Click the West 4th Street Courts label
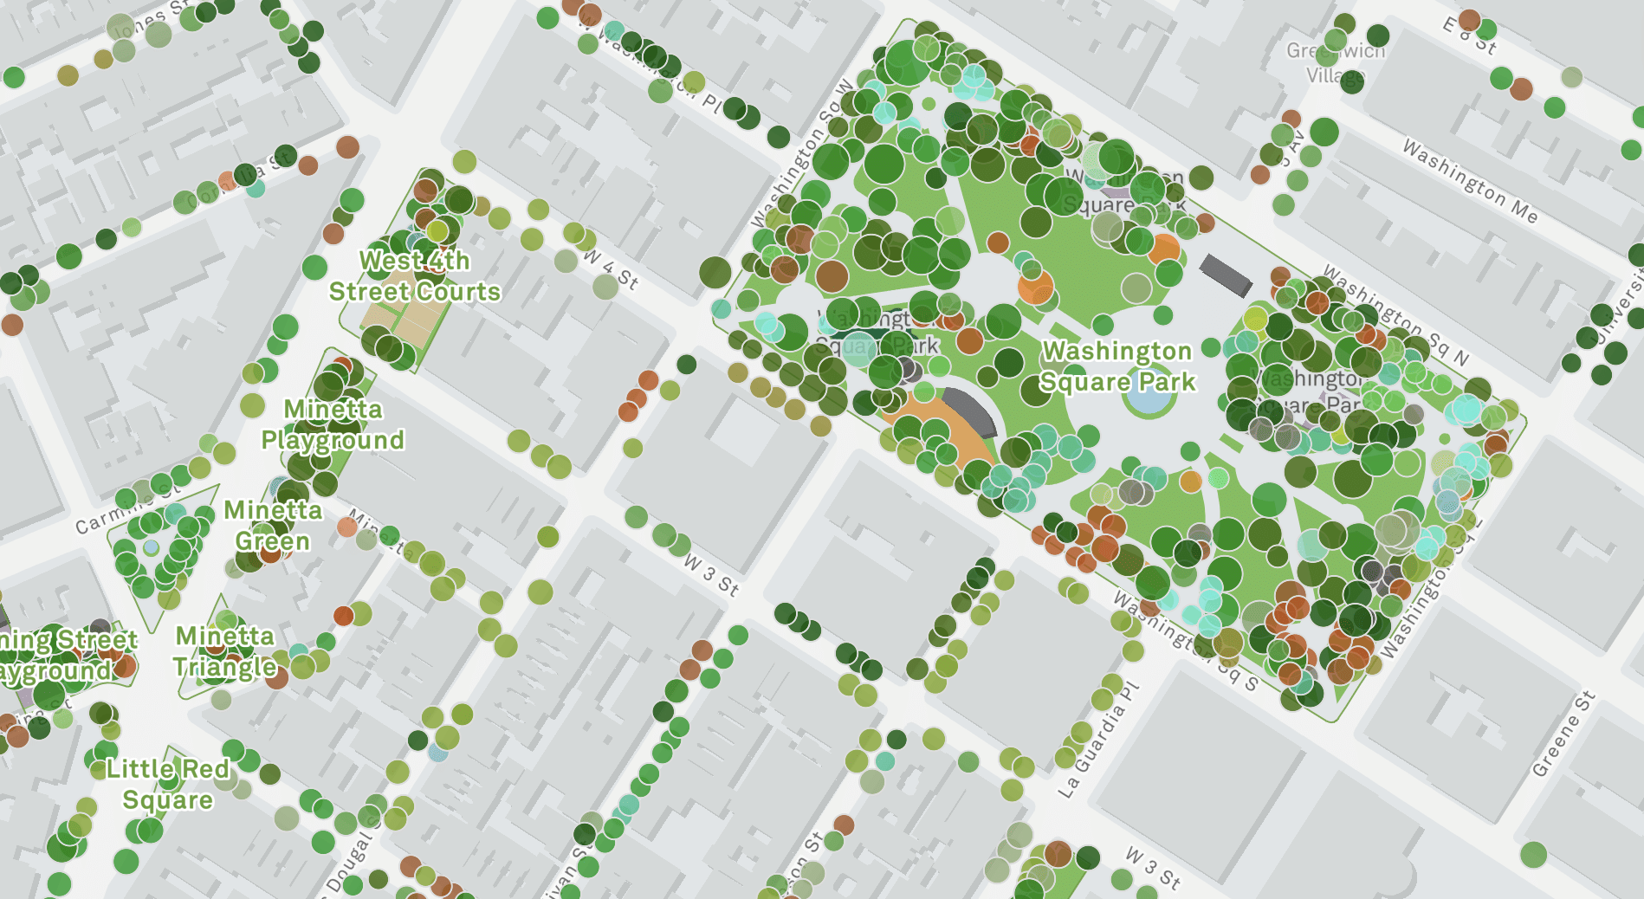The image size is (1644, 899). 414,276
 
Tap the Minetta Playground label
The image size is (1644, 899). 333,424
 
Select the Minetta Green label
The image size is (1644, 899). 273,526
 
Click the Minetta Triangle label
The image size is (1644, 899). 224,651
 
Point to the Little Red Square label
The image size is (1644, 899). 168,784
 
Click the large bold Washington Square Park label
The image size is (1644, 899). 1117,366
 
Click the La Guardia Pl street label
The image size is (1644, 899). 1097,741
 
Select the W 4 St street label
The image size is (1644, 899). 611,269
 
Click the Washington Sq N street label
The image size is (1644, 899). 1396,314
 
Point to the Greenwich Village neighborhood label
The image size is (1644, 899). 1336,62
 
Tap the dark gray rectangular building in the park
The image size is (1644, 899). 1225,275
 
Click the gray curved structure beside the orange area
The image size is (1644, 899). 971,411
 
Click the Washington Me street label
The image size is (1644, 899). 1469,182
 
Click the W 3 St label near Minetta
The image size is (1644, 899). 710,575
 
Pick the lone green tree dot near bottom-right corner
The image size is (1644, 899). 1533,855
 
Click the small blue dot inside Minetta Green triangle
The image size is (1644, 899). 152,547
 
